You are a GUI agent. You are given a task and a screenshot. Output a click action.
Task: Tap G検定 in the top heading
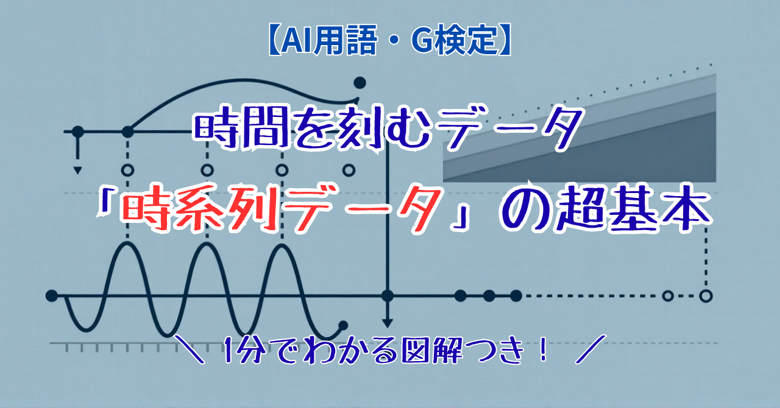tap(455, 40)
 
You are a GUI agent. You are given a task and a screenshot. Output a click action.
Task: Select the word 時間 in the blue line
tap(242, 128)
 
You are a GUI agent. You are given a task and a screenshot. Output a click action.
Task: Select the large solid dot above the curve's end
tap(360, 83)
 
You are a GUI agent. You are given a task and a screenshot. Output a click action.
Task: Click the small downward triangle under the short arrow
tap(77, 171)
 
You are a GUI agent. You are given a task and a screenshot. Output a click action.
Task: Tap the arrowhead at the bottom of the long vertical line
tap(387, 323)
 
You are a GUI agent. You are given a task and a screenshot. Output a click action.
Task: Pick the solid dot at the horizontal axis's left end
tap(52, 296)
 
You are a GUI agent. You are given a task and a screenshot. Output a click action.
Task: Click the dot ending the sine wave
tap(343, 326)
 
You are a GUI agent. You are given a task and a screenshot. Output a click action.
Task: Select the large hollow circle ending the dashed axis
tap(706, 296)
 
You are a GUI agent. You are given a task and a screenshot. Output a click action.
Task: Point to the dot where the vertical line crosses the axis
tap(387, 296)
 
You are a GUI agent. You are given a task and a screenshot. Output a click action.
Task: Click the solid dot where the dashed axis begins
tap(516, 296)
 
